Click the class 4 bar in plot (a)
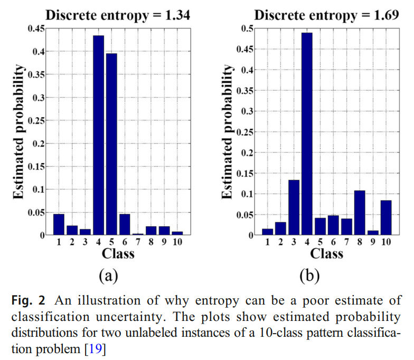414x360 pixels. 99,135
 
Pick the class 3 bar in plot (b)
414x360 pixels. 294,207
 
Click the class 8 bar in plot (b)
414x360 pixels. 360,213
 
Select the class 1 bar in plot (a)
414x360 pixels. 59,224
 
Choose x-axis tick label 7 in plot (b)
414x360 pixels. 346,243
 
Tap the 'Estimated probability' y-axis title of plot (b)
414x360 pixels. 227,132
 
